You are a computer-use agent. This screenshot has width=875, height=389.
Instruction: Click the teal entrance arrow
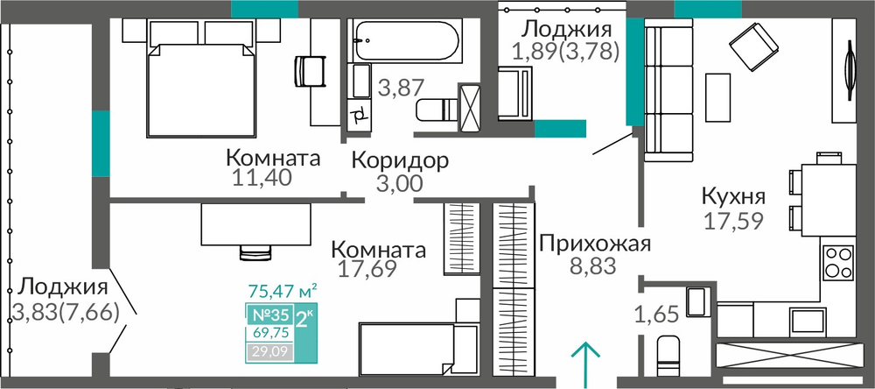[x=584, y=364]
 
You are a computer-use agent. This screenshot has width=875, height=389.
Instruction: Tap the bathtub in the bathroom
[x=406, y=41]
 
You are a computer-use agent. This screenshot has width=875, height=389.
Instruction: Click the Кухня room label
[x=733, y=197]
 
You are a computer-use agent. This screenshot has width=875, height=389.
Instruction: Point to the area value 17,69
[x=367, y=268]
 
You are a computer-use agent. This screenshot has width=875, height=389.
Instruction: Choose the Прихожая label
[x=595, y=244]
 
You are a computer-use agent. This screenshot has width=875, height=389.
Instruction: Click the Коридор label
[x=400, y=161]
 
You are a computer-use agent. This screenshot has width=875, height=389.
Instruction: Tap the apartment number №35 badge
[x=269, y=315]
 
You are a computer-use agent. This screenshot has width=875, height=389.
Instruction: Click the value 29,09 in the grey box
[x=266, y=351]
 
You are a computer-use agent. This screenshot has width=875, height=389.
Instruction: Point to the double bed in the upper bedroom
[x=201, y=90]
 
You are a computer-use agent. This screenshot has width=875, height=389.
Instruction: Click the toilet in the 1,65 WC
[x=668, y=356]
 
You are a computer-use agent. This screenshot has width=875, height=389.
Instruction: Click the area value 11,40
[x=262, y=179]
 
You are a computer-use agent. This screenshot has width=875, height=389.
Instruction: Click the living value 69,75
[x=267, y=334]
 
